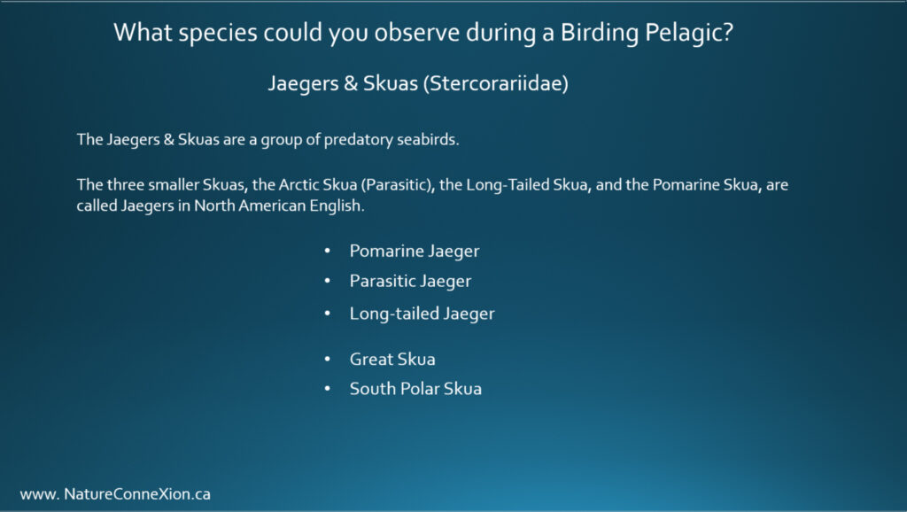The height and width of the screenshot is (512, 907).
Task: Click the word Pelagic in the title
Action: pyautogui.click(x=688, y=33)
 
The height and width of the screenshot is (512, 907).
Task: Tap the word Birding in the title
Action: pyautogui.click(x=600, y=33)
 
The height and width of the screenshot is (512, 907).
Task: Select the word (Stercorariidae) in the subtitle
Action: pyautogui.click(x=496, y=83)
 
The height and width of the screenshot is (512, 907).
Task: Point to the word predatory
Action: pyautogui.click(x=358, y=140)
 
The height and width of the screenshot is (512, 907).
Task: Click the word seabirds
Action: pyautogui.click(x=428, y=139)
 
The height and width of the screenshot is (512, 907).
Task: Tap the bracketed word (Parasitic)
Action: pyautogui.click(x=398, y=185)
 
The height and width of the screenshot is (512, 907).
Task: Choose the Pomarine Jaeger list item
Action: pyautogui.click(x=415, y=251)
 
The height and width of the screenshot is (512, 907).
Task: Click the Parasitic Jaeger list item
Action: pyautogui.click(x=410, y=281)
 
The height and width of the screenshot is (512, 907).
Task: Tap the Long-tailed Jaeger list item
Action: pyautogui.click(x=422, y=314)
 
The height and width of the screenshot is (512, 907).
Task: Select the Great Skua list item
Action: pyautogui.click(x=392, y=360)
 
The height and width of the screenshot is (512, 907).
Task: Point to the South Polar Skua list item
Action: pyautogui.click(x=415, y=389)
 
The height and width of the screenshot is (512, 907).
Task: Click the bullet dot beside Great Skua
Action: pyautogui.click(x=328, y=360)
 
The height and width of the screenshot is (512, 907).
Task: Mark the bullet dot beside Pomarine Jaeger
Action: pyautogui.click(x=328, y=251)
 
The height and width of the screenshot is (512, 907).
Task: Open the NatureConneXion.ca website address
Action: pyautogui.click(x=115, y=494)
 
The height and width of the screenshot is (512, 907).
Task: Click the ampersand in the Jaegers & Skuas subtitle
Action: pyautogui.click(x=351, y=84)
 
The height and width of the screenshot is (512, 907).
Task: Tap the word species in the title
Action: pyautogui.click(x=218, y=34)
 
